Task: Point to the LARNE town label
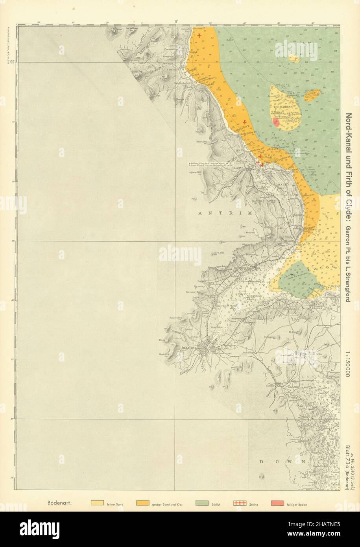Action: point(251,167)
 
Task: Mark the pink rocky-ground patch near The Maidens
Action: point(277,122)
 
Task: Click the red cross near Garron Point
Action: point(199,36)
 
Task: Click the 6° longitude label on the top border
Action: point(176,21)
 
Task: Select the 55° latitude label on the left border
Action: point(12,62)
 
